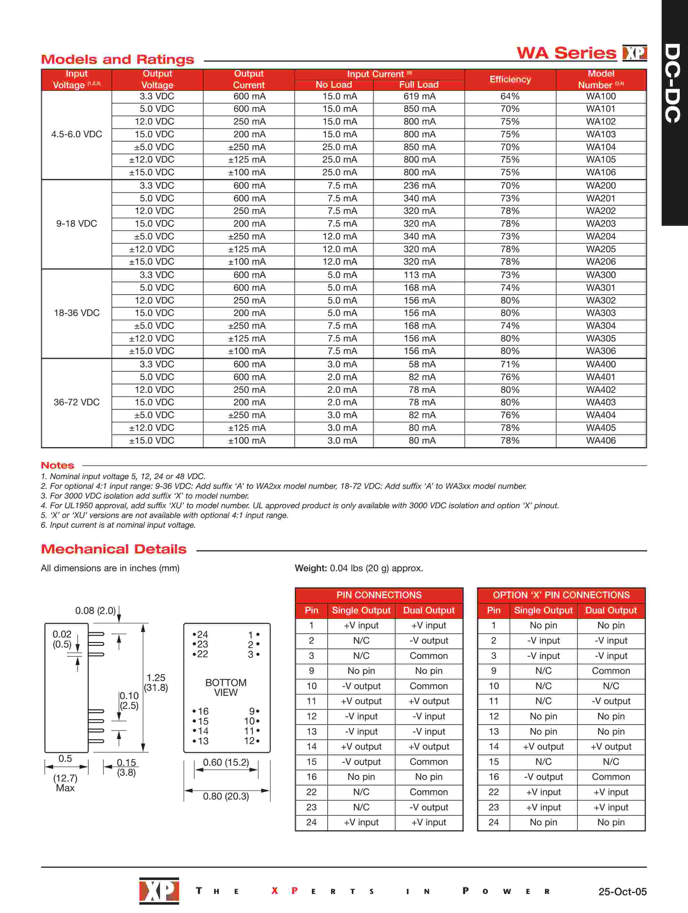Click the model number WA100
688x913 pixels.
pyautogui.click(x=601, y=97)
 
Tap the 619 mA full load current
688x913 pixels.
pyautogui.click(x=419, y=97)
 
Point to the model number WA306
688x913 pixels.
pyautogui.click(x=601, y=351)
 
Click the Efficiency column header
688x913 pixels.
pyautogui.click(x=510, y=79)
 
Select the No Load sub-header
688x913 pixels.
pyautogui.click(x=334, y=85)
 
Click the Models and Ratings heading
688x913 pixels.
pyautogui.click(x=117, y=59)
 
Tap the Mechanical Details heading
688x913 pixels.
pyautogui.click(x=114, y=549)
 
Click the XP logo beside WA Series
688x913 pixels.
pyautogui.click(x=634, y=53)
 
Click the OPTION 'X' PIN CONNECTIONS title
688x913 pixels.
pyautogui.click(x=561, y=595)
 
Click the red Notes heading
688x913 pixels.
pyautogui.click(x=57, y=466)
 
